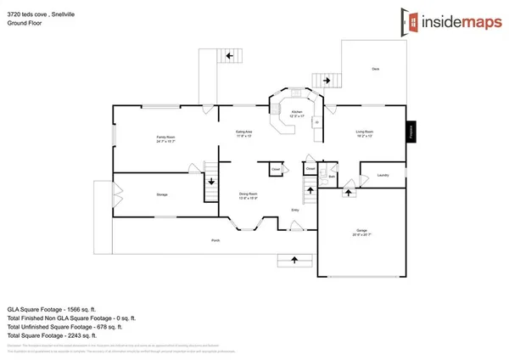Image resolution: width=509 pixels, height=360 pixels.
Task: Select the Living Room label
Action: (x=365, y=132)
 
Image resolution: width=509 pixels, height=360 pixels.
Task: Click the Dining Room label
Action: (x=249, y=194)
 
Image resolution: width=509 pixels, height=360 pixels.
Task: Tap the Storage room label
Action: (x=161, y=194)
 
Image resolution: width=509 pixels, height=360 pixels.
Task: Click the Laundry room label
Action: (x=383, y=176)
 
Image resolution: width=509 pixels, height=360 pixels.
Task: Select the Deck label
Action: (x=375, y=69)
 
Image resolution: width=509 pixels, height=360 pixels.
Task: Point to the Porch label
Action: (x=215, y=241)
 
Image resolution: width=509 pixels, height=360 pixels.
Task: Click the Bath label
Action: (x=333, y=177)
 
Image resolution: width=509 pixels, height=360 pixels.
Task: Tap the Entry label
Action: (x=294, y=210)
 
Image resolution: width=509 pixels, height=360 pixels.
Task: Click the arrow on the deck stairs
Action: (x=325, y=81)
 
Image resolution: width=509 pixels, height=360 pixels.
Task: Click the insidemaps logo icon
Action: (x=408, y=20)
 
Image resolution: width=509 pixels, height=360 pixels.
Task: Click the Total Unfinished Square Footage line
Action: (x=64, y=326)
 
